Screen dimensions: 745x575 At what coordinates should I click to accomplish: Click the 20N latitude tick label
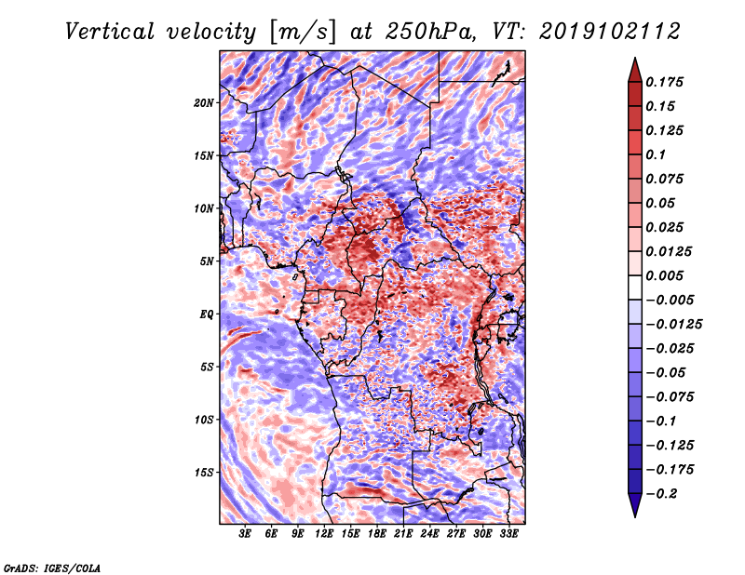pyautogui.click(x=204, y=103)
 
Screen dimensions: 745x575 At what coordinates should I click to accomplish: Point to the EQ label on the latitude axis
pyautogui.click(x=206, y=314)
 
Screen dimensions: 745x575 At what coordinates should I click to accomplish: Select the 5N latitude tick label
pyautogui.click(x=207, y=261)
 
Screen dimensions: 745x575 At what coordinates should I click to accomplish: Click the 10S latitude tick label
pyautogui.click(x=204, y=420)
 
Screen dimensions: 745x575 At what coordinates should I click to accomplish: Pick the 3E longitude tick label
pyautogui.click(x=245, y=534)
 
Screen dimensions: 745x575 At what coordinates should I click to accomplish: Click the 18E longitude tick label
pyautogui.click(x=377, y=534)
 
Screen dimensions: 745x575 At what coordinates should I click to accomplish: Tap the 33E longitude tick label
pyautogui.click(x=508, y=534)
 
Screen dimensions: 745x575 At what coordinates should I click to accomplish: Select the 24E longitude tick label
pyautogui.click(x=429, y=534)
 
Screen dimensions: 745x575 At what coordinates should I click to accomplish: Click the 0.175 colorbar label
pyautogui.click(x=664, y=82)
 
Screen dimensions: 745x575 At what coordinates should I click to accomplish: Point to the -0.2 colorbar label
pyautogui.click(x=661, y=494)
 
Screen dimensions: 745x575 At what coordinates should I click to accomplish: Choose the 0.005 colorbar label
pyautogui.click(x=664, y=275)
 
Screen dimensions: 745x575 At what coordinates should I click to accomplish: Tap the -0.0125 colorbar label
pyautogui.click(x=673, y=325)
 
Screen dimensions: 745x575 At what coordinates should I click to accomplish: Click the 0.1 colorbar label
pyautogui.click(x=656, y=154)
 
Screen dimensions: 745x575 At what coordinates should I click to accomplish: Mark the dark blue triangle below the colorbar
pyautogui.click(x=635, y=503)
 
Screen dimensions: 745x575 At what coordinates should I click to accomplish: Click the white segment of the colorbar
pyautogui.click(x=635, y=287)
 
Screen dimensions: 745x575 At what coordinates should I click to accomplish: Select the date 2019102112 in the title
pyautogui.click(x=609, y=32)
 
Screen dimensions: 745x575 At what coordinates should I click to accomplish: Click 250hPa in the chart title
pyautogui.click(x=430, y=32)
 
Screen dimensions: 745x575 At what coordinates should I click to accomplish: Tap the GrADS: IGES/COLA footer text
pyautogui.click(x=52, y=568)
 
